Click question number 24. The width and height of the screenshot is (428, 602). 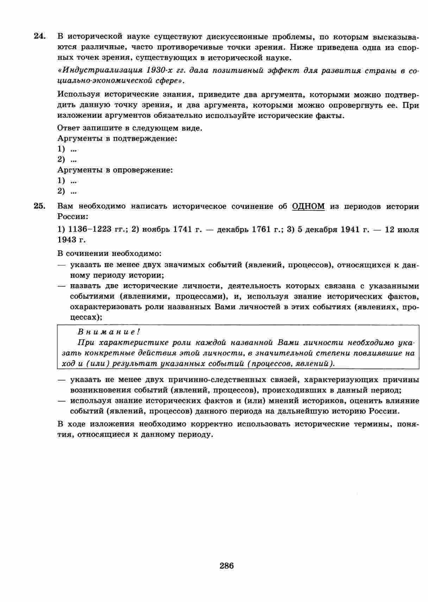(x=39, y=36)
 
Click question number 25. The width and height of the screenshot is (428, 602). (x=39, y=206)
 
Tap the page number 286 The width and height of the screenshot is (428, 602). (x=227, y=566)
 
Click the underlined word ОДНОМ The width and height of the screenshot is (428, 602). (x=308, y=206)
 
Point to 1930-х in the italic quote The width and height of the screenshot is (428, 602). (x=161, y=70)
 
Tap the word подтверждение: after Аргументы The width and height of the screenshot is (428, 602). (x=145, y=139)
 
